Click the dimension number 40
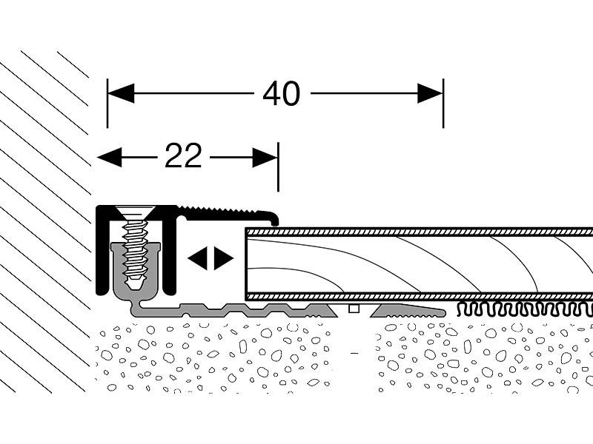point(281,94)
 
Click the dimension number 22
point(183,157)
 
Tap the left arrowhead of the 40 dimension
point(121,94)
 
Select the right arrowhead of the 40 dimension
point(430,94)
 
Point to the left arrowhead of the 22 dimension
point(110,157)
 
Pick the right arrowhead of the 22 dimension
point(265,157)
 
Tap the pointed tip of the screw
point(134,285)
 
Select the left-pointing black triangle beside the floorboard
point(196,258)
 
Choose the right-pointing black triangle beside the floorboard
point(223,258)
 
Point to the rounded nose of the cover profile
point(274,218)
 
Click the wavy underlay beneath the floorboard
point(519,309)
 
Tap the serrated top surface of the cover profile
point(222,210)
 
